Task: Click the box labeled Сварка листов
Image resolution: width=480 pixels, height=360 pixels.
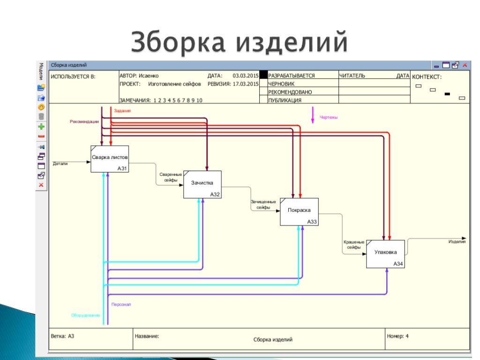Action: tap(109, 158)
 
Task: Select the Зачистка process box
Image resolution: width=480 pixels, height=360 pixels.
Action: tap(202, 184)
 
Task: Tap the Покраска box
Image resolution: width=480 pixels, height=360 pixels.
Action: tap(299, 211)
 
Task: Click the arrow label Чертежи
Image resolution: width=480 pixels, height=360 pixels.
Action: tap(329, 117)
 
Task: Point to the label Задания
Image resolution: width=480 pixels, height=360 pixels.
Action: tap(122, 111)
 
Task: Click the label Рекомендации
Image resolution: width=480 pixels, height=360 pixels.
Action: tap(84, 122)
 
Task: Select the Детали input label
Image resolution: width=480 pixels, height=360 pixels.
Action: tap(60, 164)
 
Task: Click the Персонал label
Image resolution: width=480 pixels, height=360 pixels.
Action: tap(121, 305)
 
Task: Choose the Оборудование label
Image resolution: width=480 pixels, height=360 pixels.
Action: tap(85, 315)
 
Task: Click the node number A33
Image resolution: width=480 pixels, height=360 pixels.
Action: tap(312, 222)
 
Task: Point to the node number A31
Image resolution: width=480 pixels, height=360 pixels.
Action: tap(122, 169)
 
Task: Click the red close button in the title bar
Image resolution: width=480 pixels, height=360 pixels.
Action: tap(465, 65)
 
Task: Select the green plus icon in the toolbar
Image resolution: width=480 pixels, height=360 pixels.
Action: tap(41, 127)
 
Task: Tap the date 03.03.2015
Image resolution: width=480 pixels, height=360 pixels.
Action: tap(246, 75)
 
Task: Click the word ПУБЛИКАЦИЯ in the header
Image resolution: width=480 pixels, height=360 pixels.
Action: tap(285, 100)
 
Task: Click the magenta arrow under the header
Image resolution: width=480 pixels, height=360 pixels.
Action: tap(313, 115)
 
